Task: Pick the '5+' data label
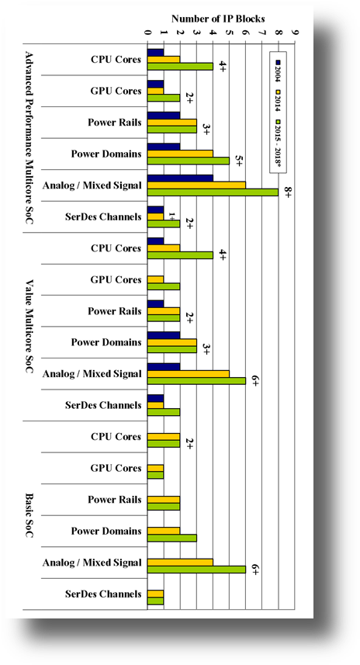(x=239, y=161)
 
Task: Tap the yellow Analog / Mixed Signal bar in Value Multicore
(x=188, y=373)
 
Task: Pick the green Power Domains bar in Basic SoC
(x=171, y=538)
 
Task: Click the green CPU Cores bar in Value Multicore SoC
(x=180, y=255)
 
